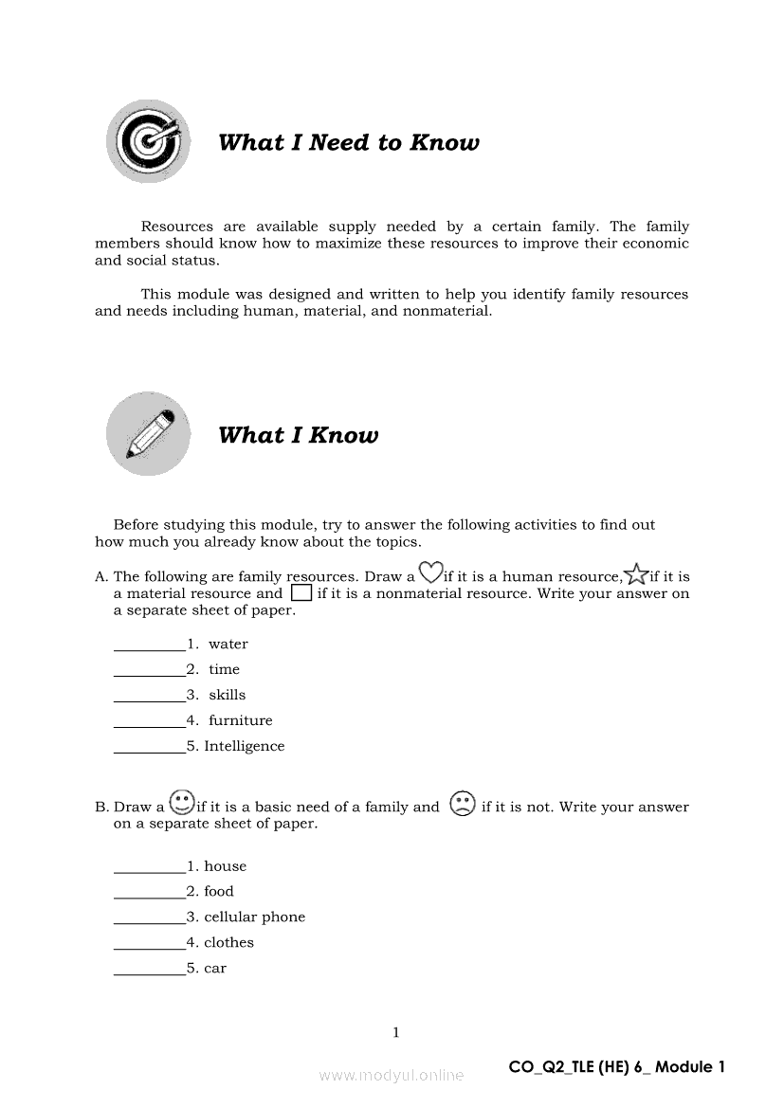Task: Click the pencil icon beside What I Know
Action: click(x=148, y=434)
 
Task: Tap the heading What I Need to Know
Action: click(x=348, y=143)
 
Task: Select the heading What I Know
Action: click(x=298, y=436)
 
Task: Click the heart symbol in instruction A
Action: click(x=430, y=572)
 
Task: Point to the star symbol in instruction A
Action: click(x=636, y=573)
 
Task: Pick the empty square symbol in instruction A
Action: click(x=301, y=593)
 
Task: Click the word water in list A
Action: click(x=228, y=645)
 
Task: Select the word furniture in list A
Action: click(x=241, y=720)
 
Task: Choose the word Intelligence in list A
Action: click(x=245, y=746)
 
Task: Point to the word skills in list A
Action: click(x=228, y=695)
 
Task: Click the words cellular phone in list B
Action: click(x=255, y=917)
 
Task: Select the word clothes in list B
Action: click(x=229, y=942)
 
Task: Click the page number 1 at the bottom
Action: click(x=396, y=1032)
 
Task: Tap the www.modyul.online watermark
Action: click(x=392, y=1075)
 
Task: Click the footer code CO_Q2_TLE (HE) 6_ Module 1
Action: click(x=616, y=1067)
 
